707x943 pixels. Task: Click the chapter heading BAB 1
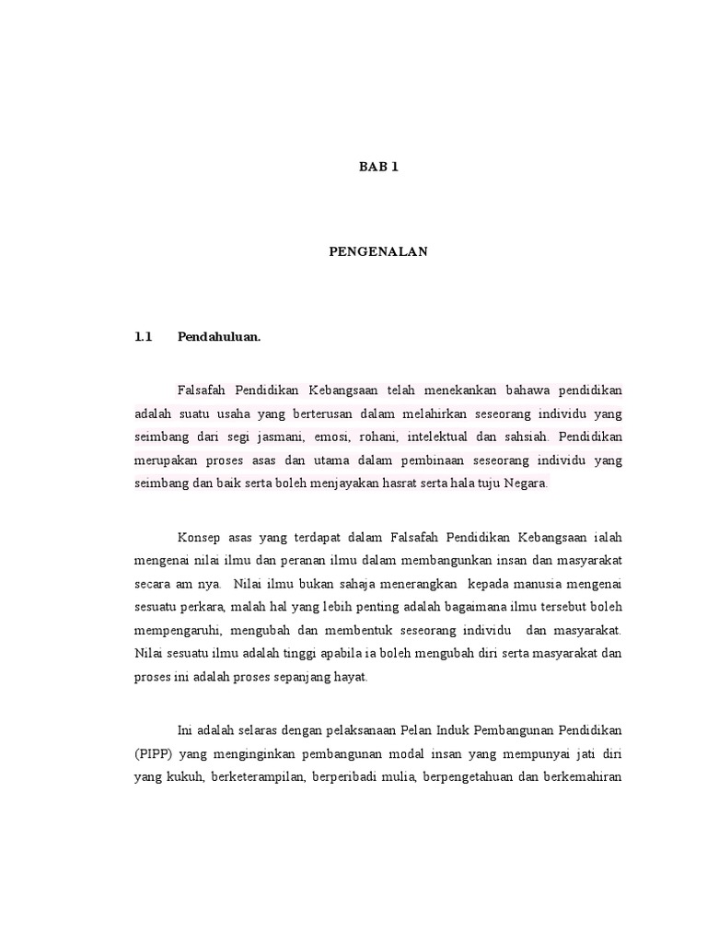tap(378, 167)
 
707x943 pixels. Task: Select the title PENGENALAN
tap(378, 251)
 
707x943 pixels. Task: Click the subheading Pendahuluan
tap(219, 336)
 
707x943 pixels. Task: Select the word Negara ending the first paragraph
tap(526, 483)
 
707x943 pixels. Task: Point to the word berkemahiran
tap(582, 776)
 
